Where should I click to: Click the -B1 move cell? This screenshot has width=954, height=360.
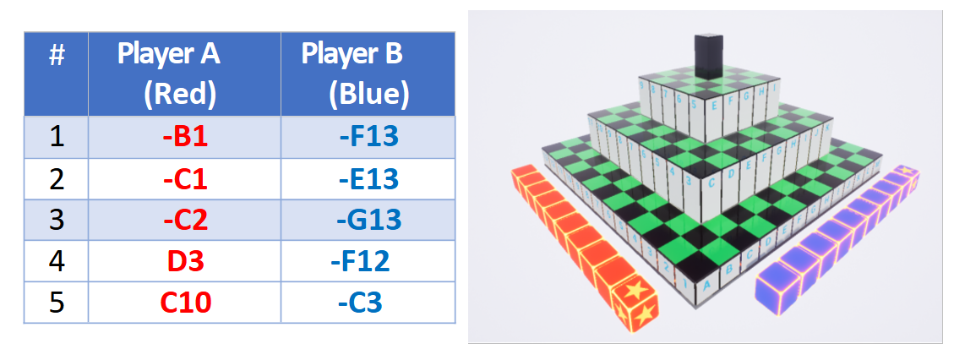(185, 136)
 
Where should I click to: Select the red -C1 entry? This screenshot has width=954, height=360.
(185, 178)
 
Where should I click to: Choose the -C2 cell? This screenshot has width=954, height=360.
(185, 219)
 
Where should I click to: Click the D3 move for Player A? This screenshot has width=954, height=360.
(185, 260)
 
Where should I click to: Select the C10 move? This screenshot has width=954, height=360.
(185, 302)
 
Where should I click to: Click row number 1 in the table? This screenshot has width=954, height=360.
(57, 136)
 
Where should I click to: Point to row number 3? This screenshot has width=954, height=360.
(57, 219)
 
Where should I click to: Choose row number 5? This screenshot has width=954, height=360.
(57, 302)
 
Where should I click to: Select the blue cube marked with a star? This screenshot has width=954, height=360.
(907, 176)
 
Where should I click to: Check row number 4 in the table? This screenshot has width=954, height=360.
(57, 260)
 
